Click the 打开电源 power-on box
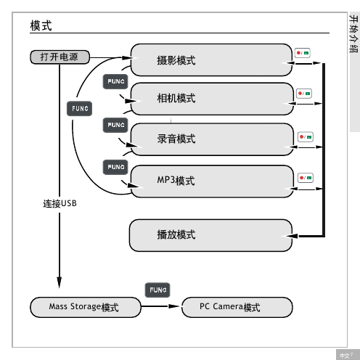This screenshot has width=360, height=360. pyautogui.click(x=60, y=57)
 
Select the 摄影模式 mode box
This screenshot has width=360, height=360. pyautogui.click(x=211, y=60)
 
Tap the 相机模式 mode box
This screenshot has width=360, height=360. pyautogui.click(x=212, y=99)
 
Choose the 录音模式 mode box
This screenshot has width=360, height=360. pyautogui.click(x=212, y=139)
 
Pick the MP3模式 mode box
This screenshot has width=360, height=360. pyautogui.click(x=212, y=181)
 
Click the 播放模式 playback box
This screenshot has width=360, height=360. pyautogui.click(x=210, y=235)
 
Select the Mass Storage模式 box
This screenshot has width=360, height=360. pyautogui.click(x=86, y=307)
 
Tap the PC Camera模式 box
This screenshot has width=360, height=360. pyautogui.click(x=237, y=307)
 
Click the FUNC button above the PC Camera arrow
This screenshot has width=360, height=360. pyautogui.click(x=157, y=290)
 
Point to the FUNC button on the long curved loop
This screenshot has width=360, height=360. pyautogui.click(x=79, y=108)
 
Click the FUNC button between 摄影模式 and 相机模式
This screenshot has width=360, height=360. pyautogui.click(x=115, y=81)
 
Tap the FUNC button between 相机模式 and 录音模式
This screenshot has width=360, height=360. pyautogui.click(x=115, y=125)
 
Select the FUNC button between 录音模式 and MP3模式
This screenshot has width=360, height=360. pyautogui.click(x=115, y=167)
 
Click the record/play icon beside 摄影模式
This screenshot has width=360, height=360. pyautogui.click(x=303, y=53)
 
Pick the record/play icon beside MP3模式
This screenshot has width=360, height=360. pyautogui.click(x=306, y=178)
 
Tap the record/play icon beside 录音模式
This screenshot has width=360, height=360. pyautogui.click(x=306, y=137)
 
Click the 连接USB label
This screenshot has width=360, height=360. pyautogui.click(x=60, y=203)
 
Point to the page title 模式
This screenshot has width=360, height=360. pyautogui.click(x=41, y=25)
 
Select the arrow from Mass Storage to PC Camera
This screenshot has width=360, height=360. pyautogui.click(x=160, y=306)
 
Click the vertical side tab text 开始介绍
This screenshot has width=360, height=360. pyautogui.click(x=353, y=33)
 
